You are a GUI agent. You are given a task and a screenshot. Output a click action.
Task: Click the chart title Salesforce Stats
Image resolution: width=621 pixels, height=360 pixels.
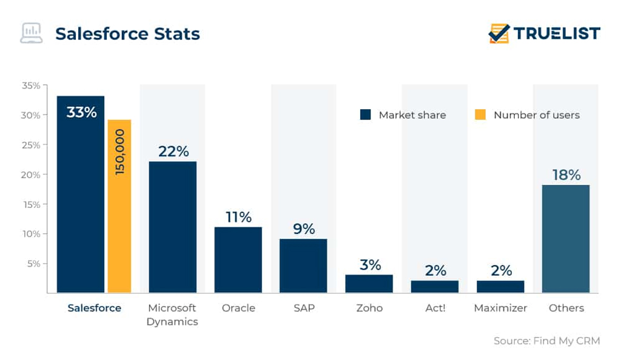coord(127,33)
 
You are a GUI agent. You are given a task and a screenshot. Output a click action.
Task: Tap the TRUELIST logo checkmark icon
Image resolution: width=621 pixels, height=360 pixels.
coord(499,33)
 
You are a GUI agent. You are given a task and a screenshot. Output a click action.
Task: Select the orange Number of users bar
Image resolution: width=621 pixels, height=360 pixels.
coord(119,206)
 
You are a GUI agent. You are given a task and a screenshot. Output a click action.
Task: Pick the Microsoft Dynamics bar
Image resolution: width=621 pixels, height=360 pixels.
coord(172,227)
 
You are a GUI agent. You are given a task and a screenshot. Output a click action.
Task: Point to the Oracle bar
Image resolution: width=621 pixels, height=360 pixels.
coord(238,260)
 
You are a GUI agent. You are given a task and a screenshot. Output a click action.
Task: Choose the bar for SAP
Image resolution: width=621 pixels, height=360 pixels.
coord(303,266)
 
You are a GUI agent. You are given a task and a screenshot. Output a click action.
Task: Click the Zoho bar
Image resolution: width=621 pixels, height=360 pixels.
coord(369,284)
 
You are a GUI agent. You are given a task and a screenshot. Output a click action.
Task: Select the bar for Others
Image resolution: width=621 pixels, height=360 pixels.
coord(565,239)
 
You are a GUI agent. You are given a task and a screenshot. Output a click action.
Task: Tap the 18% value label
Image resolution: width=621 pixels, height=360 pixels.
coord(566,175)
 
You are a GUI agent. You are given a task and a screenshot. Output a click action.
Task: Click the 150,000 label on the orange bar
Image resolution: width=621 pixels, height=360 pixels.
coord(119,152)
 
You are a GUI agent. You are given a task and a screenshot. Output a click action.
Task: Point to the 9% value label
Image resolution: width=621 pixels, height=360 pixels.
coord(303,229)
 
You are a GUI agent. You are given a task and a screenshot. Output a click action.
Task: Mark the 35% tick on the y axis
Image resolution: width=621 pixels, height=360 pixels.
coord(31,85)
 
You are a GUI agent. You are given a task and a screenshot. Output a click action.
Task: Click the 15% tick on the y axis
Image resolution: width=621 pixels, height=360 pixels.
coord(31,204)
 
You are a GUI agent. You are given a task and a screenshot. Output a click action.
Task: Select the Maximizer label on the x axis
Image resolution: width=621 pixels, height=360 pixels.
coord(500,308)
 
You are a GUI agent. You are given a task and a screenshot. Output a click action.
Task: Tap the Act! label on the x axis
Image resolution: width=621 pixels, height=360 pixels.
coord(435,308)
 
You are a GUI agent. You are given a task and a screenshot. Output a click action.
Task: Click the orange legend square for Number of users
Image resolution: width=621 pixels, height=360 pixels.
coord(480,115)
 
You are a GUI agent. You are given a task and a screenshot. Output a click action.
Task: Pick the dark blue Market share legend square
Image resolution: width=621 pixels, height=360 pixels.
coord(365,115)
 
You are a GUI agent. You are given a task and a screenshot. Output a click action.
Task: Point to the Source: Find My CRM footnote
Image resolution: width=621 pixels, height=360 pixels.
coord(546,341)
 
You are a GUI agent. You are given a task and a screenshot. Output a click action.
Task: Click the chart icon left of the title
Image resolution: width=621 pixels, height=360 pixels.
coord(31,33)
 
